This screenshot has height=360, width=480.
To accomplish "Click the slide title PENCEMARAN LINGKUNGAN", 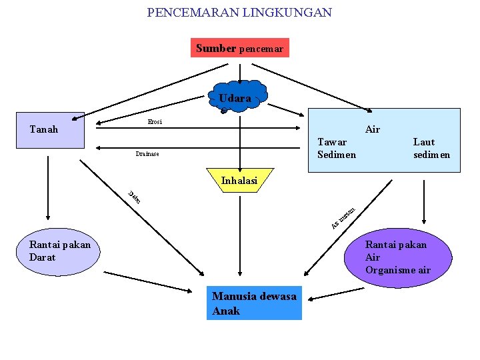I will [239, 13].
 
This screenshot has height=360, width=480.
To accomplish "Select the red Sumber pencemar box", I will [239, 48].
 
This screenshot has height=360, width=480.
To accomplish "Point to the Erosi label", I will [155, 122].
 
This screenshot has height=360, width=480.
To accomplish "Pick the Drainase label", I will [147, 155].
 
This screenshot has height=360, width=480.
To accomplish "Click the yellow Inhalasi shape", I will [239, 180].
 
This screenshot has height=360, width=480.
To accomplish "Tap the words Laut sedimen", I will [431, 148].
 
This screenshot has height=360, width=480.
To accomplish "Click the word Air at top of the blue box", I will [373, 129].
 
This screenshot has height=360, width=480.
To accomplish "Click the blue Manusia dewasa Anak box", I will [254, 304].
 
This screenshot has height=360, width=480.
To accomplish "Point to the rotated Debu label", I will [134, 197].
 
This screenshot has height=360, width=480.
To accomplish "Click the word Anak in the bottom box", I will [226, 311].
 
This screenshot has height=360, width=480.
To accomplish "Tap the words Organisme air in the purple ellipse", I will [397, 270].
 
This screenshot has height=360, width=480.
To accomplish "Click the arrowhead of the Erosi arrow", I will [299, 127].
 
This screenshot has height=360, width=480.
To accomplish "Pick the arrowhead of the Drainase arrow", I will [99, 148].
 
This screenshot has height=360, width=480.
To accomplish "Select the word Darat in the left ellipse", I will [43, 257].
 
